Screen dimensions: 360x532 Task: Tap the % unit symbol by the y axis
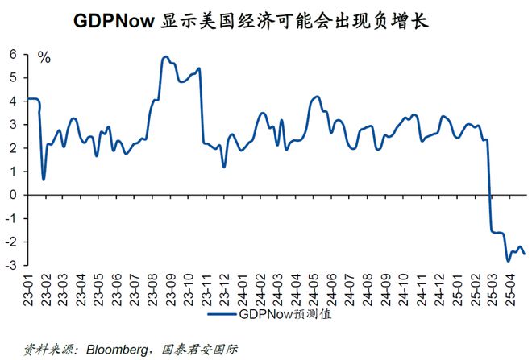pos(44,58)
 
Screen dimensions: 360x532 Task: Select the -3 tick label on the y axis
pos(11,265)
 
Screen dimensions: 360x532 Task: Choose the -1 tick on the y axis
pos(11,218)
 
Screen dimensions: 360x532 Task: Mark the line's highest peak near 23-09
pos(165,57)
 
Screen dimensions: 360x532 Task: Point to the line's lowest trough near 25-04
pos(508,260)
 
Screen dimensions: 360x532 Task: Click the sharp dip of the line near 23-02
pos(44,179)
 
